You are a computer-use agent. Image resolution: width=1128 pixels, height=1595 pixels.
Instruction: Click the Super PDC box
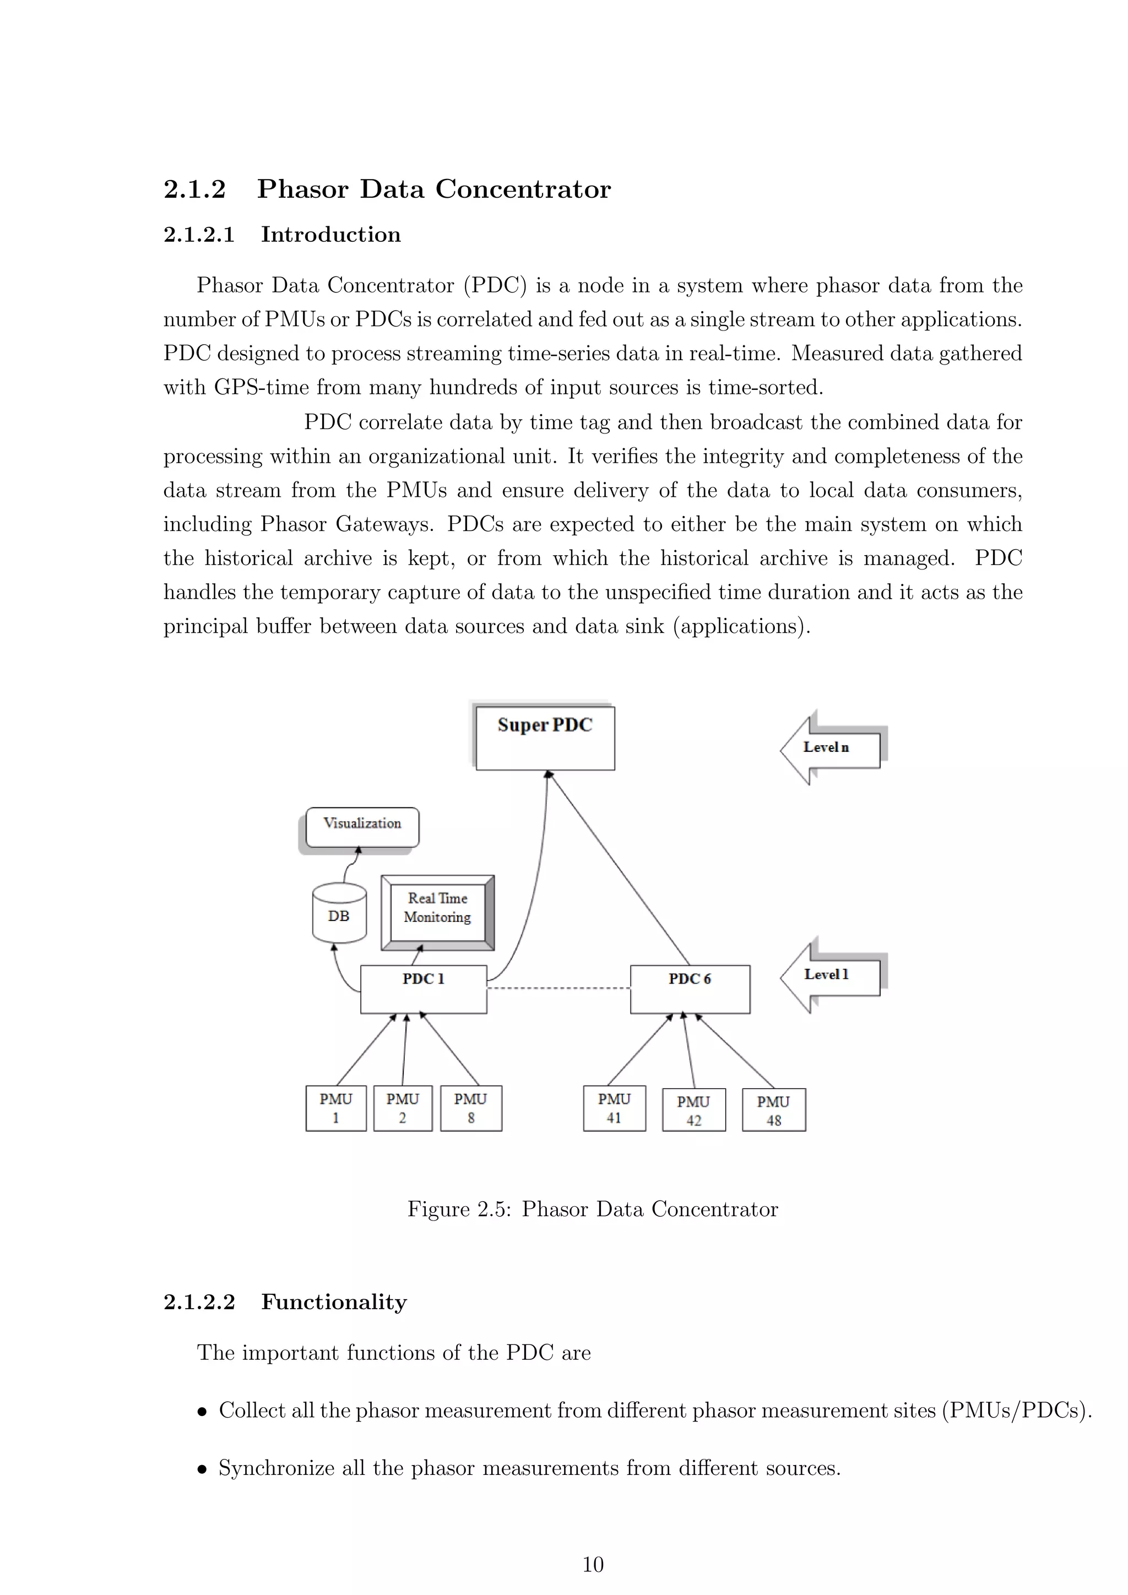point(545,738)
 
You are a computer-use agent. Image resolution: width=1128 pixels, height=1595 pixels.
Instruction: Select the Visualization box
point(362,827)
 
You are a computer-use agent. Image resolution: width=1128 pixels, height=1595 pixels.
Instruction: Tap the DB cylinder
point(339,914)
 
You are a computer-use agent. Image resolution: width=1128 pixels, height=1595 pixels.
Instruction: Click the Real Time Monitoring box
point(437,912)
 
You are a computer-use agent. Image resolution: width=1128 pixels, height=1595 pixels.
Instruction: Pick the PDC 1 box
point(423,989)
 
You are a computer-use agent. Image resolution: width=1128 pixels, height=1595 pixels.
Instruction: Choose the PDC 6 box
point(690,989)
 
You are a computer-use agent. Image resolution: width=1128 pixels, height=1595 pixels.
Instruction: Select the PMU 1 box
point(335,1108)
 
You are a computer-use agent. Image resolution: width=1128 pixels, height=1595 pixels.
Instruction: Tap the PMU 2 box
point(402,1108)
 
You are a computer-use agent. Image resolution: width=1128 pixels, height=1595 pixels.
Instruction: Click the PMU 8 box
point(471,1108)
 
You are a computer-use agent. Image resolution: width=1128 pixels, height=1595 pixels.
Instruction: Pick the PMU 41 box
point(614,1108)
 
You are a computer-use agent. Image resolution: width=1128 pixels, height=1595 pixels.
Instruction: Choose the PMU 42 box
point(693,1110)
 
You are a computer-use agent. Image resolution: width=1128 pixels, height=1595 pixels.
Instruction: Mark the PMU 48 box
point(774,1110)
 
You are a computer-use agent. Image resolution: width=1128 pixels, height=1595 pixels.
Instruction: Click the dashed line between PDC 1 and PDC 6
point(558,988)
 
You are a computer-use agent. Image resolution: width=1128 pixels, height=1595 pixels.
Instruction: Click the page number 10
point(593,1565)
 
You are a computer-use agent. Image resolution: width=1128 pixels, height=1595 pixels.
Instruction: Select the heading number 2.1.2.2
point(199,1302)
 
